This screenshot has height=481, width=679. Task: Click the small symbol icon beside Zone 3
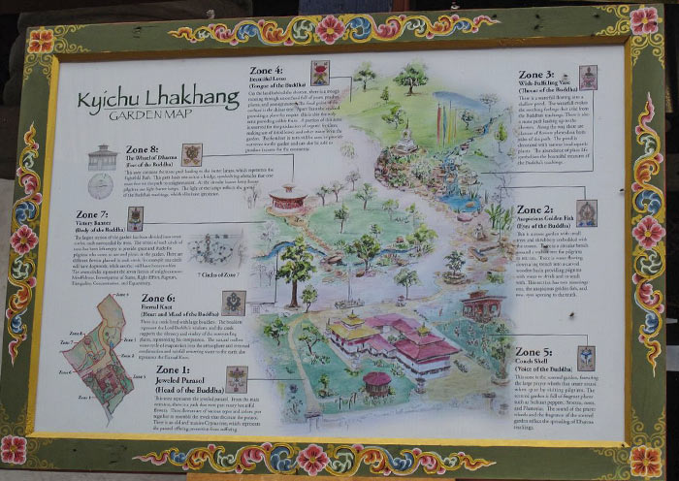tap(588, 78)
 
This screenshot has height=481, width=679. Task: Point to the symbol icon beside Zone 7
tap(135, 218)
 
